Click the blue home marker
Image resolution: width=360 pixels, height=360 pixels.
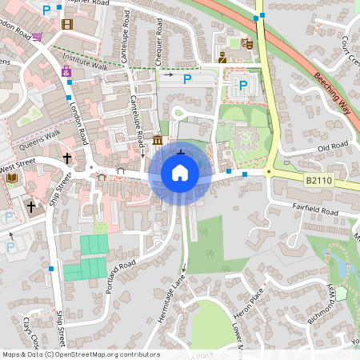[x=180, y=172]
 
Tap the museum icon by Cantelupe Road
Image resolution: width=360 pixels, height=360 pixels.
[x=158, y=142]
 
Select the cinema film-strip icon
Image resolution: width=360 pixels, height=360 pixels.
[x=66, y=24]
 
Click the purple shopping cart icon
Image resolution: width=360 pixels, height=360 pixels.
[x=38, y=36]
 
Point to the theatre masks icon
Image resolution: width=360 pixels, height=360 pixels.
[x=246, y=45]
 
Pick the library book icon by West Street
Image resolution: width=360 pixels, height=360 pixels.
[x=11, y=178]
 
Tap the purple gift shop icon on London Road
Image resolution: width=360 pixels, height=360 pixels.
[x=66, y=72]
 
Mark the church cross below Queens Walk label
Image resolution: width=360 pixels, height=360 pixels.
[x=67, y=158]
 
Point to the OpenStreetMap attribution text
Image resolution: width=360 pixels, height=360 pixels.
[x=80, y=354]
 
